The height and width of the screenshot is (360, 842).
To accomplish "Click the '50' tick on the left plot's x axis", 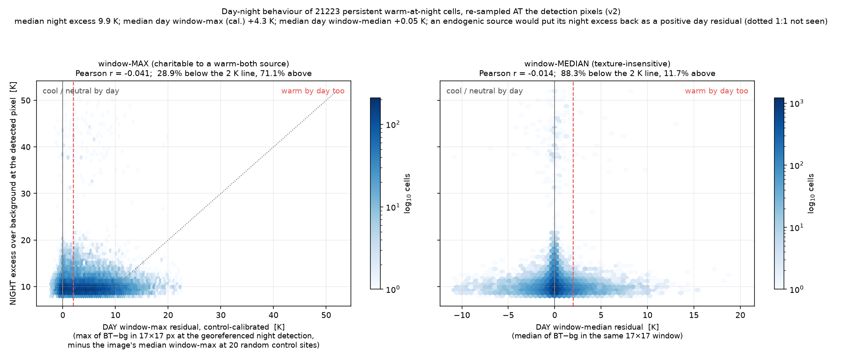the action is [326, 315].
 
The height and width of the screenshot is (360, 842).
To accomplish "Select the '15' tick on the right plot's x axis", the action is [694, 315].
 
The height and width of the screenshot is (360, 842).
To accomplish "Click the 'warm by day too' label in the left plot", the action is [313, 91].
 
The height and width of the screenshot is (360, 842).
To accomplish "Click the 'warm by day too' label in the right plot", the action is [716, 91].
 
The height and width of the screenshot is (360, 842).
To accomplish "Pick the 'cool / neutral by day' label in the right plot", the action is [484, 91].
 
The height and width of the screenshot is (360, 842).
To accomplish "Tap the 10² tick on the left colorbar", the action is [392, 125].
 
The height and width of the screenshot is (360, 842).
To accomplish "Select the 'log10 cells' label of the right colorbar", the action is [811, 193].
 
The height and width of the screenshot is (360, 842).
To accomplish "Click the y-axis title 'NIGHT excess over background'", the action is [13, 193].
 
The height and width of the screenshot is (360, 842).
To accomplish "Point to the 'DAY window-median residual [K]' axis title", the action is [597, 327].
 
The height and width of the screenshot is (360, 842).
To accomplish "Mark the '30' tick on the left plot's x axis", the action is [220, 315].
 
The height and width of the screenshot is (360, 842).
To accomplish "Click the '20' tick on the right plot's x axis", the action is [740, 315].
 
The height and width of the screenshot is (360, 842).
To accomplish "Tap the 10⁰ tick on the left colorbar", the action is [392, 289].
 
